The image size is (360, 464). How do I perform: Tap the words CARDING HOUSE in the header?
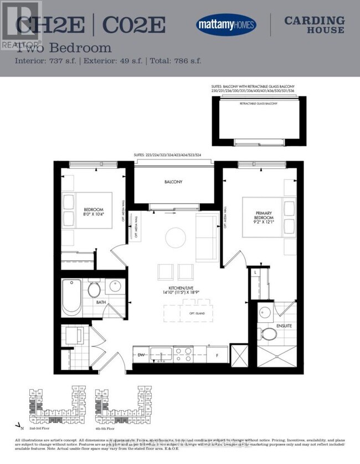tap(314, 25)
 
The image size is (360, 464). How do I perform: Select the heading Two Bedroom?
tap(64, 48)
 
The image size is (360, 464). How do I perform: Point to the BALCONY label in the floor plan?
tap(173, 182)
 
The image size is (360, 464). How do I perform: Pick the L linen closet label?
tap(255, 273)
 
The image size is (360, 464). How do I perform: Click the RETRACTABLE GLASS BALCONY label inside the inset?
tap(259, 104)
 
